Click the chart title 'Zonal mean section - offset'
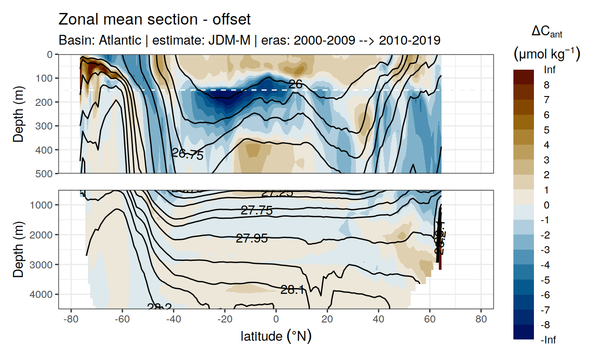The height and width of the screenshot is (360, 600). (x=154, y=20)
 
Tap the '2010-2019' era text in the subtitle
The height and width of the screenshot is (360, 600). (x=410, y=40)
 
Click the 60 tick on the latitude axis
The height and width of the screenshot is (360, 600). (x=429, y=320)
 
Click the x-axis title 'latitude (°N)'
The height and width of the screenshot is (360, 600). (x=276, y=336)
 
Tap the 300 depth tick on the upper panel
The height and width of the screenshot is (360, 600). (x=46, y=126)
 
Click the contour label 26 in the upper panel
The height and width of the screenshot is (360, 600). (x=296, y=84)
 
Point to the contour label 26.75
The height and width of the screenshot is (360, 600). (x=187, y=155)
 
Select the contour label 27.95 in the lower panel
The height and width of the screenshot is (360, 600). (x=252, y=239)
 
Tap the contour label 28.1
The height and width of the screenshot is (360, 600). (x=292, y=290)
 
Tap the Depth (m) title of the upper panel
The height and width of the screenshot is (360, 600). (x=18, y=113)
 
